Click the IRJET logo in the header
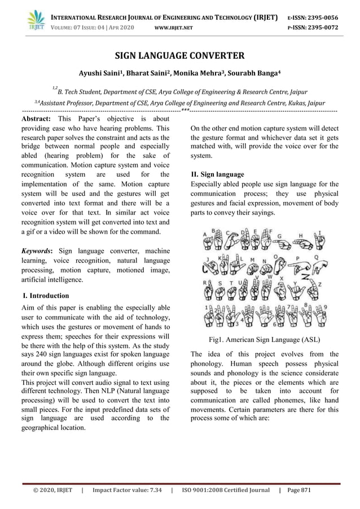(37, 21)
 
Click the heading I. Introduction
(46, 295)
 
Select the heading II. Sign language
(218, 174)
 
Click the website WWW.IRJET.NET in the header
(173, 27)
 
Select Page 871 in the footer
(299, 490)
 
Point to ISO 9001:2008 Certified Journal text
(226, 490)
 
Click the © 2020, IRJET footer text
(52, 490)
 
